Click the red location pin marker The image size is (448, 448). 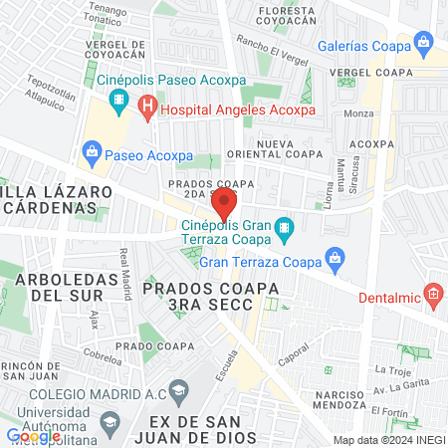(x=224, y=205)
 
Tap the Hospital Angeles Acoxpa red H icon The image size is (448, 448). (x=147, y=104)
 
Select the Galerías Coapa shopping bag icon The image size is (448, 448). (x=425, y=42)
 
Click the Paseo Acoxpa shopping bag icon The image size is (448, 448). (x=93, y=151)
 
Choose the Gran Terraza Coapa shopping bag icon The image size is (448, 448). (x=336, y=261)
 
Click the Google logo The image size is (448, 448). (x=33, y=435)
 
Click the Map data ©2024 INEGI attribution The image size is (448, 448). (x=388, y=439)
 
